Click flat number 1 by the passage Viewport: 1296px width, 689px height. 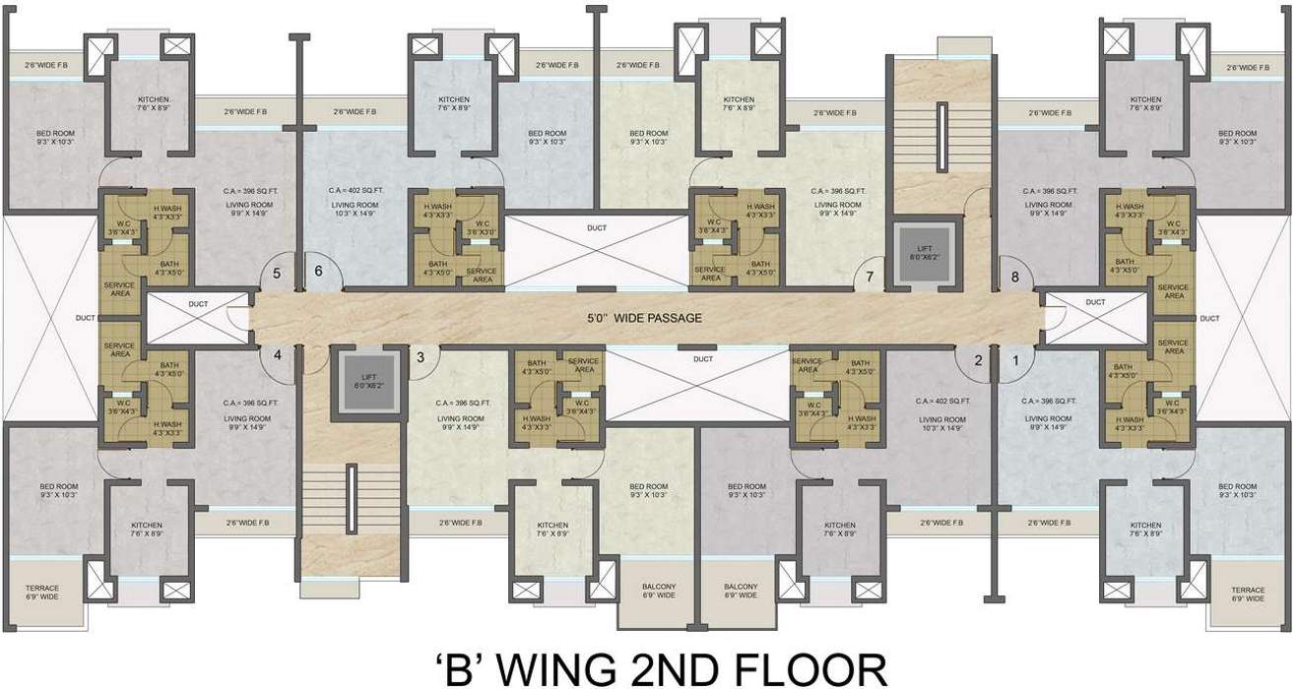point(1016,359)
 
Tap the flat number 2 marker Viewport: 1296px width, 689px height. point(978,359)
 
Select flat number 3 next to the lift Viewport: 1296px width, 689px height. point(421,356)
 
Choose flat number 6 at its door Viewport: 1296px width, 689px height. point(318,273)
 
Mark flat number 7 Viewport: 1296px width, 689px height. point(870,278)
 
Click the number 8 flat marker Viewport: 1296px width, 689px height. point(1014,278)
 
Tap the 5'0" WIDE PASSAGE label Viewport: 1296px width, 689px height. point(645,318)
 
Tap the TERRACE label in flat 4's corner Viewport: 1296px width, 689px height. point(41,592)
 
